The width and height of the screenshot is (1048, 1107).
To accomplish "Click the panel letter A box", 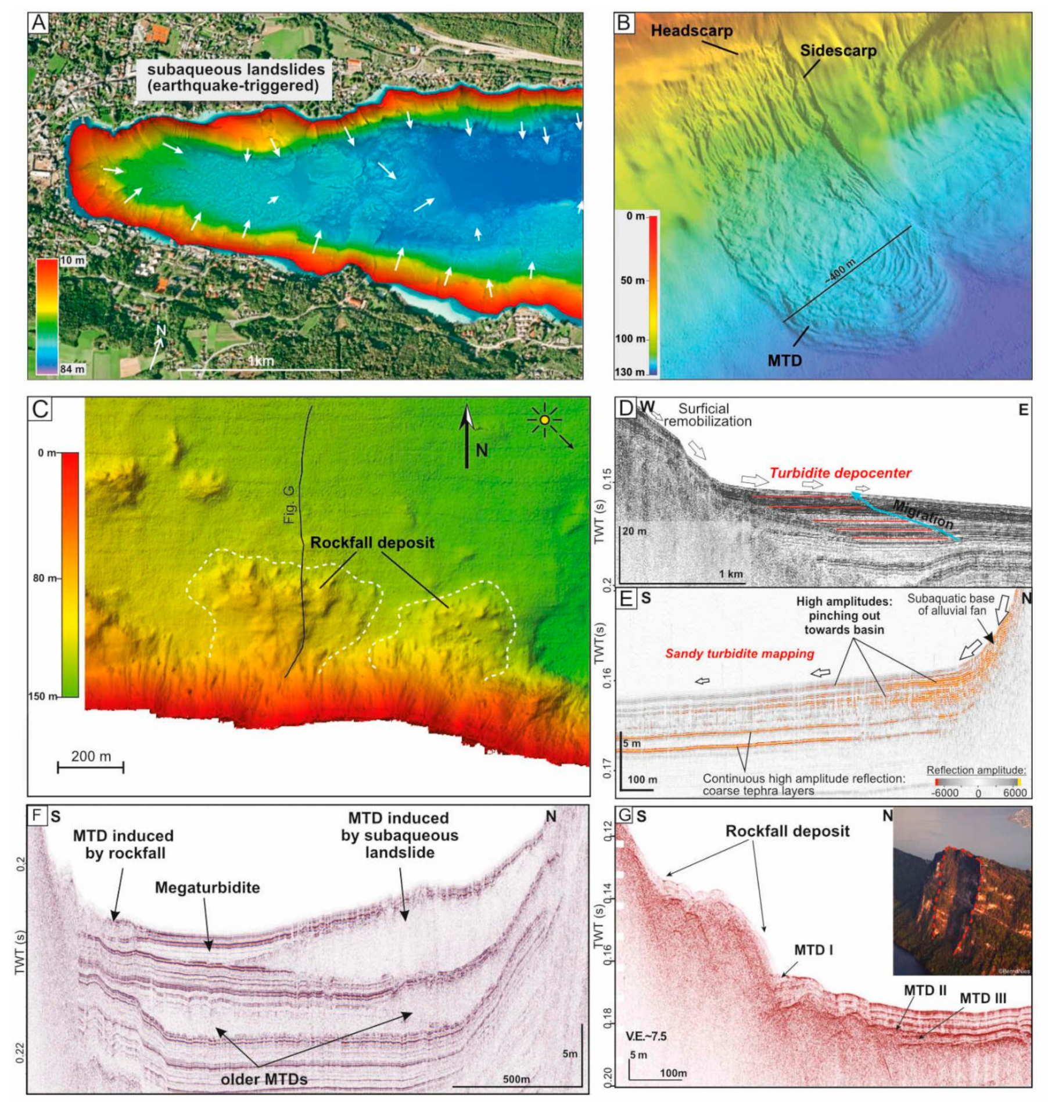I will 39,23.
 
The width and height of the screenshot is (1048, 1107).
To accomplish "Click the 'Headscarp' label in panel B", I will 691,31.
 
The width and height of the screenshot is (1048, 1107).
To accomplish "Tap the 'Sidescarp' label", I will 838,51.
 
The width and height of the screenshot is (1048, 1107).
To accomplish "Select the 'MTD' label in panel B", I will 784,361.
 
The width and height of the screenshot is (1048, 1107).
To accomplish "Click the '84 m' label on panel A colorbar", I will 73,369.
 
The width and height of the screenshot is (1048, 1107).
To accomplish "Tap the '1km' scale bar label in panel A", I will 261,361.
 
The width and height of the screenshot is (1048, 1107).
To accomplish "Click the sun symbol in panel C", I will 544,420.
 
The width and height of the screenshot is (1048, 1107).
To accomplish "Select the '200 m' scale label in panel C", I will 91,757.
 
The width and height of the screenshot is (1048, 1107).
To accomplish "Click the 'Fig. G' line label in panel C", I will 290,505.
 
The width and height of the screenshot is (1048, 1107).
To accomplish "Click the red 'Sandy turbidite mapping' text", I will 740,654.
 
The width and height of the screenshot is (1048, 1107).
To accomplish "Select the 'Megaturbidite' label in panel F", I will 207,888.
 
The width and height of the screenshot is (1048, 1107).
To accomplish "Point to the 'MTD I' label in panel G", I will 813,951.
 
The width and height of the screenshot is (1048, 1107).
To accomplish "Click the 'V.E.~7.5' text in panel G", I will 646,1036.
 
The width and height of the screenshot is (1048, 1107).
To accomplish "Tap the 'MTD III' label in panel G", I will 982,998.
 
